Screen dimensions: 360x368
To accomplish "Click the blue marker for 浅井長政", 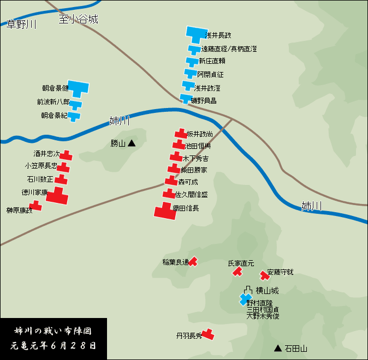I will (x=194, y=34).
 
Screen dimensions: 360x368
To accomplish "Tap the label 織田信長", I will (x=186, y=208).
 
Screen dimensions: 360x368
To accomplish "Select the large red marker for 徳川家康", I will (x=57, y=196).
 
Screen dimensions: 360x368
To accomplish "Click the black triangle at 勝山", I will (x=132, y=143).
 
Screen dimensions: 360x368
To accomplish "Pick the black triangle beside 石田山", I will (x=278, y=348).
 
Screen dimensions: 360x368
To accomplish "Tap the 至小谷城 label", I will (x=79, y=19).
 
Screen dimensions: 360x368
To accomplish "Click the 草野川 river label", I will (x=21, y=24).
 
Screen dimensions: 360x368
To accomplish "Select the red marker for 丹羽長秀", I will (x=207, y=334).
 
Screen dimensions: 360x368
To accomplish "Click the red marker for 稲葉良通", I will (x=193, y=262).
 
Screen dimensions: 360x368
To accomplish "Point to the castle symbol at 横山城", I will (x=248, y=290).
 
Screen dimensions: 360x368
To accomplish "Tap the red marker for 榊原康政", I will (x=35, y=206).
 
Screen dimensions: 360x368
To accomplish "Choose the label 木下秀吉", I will (x=195, y=159).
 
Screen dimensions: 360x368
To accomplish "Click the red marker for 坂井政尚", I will (x=181, y=134).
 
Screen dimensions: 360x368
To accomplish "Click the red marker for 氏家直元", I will (x=237, y=271).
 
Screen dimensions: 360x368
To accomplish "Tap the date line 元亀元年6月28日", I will (x=54, y=345).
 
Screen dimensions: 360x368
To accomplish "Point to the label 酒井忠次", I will (x=46, y=154).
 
